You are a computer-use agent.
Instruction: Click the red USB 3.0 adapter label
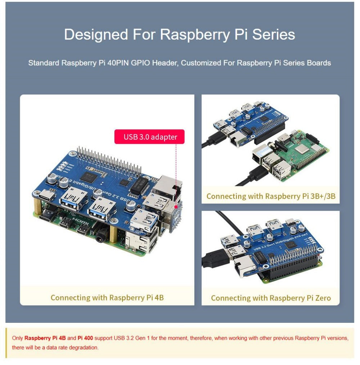point(149,137)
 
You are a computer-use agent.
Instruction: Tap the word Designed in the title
point(96,35)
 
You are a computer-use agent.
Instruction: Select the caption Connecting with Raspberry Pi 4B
point(107,298)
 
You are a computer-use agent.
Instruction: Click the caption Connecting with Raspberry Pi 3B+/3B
point(270,196)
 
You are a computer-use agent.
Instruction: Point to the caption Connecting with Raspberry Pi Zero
point(271,298)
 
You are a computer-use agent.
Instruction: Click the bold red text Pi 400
point(85,338)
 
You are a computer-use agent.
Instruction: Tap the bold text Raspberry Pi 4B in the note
point(45,338)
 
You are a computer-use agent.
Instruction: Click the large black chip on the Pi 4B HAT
point(87,176)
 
